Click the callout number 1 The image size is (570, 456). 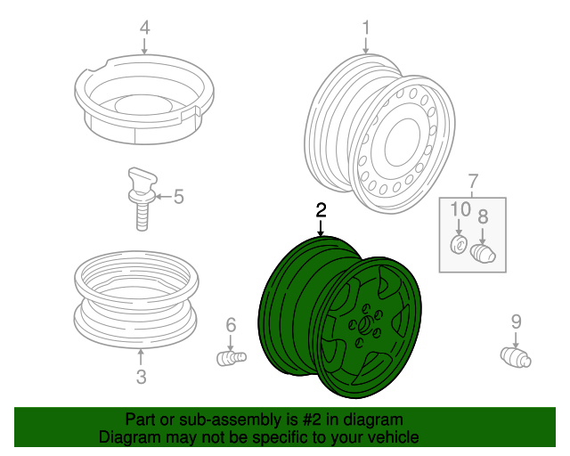366,28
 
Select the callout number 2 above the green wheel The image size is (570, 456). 321,210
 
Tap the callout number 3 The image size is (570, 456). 141,377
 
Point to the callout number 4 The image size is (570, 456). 144,28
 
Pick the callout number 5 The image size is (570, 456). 178,197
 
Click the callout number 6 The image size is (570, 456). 231,325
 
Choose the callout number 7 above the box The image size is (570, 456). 472,182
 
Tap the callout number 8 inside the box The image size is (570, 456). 483,216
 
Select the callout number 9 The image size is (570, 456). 517,322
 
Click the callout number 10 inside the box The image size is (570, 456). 460,209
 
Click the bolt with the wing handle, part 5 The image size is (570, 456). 142,199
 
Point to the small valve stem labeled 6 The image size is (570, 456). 232,359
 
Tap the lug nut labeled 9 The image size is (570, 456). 516,357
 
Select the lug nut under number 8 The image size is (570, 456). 483,253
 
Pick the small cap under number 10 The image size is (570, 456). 459,244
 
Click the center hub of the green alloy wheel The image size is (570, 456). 364,325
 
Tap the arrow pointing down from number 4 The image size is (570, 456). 144,45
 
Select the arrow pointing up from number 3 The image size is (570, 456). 141,357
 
